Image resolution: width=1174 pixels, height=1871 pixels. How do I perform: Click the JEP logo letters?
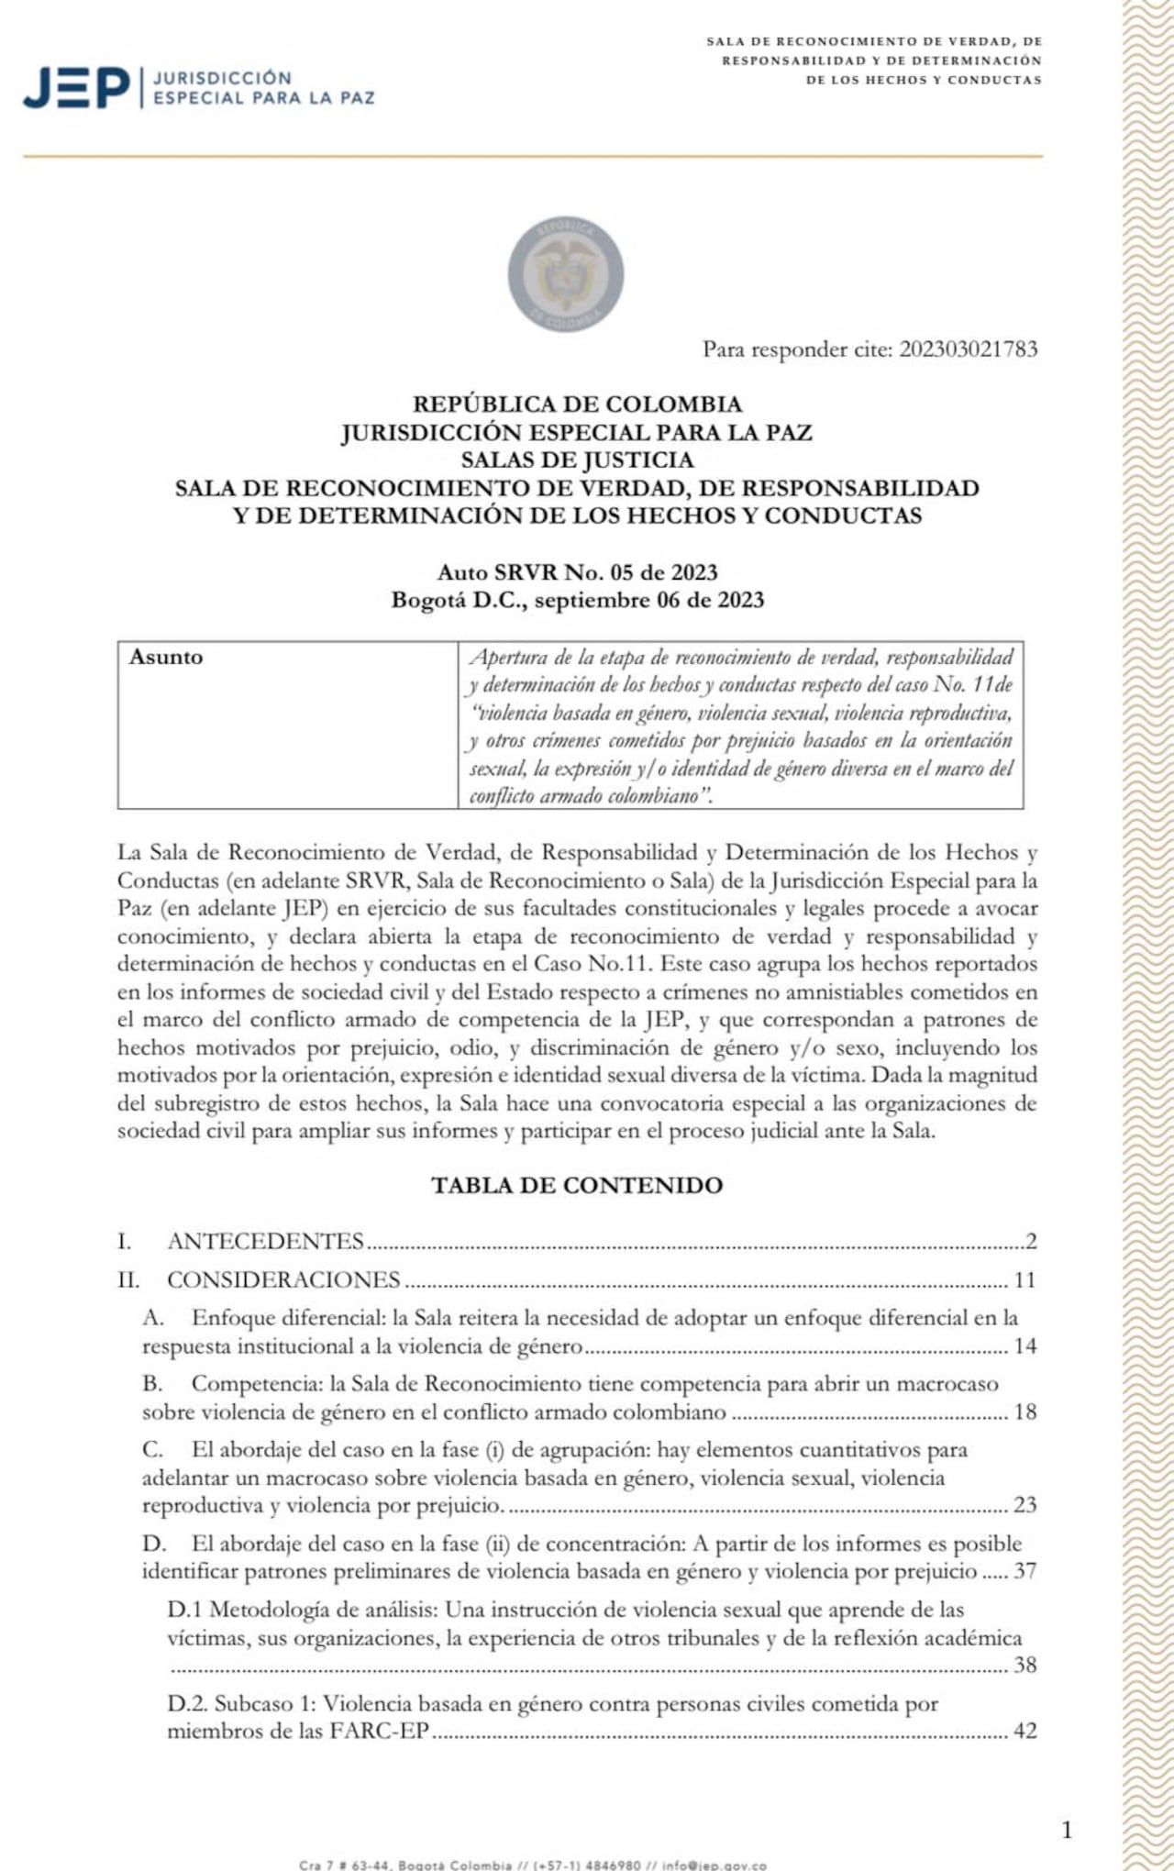tap(77, 89)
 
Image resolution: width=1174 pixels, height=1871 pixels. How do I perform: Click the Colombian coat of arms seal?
tap(566, 274)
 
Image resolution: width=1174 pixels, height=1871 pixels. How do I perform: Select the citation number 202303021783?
tap(968, 349)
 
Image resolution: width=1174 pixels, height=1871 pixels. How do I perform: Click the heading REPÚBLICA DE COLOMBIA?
tap(577, 404)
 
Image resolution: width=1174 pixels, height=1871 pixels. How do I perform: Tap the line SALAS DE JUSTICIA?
tap(577, 460)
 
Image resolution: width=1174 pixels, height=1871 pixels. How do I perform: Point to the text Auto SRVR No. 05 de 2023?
tap(577, 572)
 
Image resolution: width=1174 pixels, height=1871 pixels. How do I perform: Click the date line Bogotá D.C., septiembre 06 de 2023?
tap(577, 600)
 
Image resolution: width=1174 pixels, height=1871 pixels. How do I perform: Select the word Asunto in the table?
tap(166, 658)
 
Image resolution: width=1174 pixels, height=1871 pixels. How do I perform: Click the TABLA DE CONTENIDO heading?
tap(577, 1185)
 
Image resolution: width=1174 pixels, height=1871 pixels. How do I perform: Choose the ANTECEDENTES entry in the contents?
tap(266, 1242)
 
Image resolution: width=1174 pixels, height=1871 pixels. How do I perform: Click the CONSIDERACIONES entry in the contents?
tap(283, 1280)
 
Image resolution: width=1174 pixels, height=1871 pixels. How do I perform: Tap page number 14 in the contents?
tap(1024, 1346)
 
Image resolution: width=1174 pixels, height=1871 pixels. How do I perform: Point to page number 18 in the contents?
tap(1024, 1412)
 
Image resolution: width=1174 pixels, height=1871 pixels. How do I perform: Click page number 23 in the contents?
tap(1024, 1505)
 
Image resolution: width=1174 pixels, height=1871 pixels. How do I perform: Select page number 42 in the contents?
tap(1024, 1732)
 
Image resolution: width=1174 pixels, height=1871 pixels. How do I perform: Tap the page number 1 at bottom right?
tap(1067, 1830)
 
